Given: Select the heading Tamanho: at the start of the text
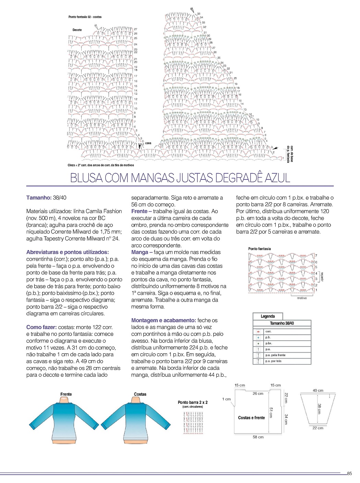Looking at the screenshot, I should click(39, 198).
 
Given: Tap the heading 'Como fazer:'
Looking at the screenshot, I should click(41, 327).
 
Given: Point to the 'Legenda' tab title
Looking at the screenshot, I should click(267, 316).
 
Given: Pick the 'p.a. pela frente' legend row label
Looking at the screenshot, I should click(275, 355).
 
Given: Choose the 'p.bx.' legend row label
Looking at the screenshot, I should click(268, 343).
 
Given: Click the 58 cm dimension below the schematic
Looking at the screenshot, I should click(258, 437).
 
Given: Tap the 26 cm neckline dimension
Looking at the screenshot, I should click(258, 393).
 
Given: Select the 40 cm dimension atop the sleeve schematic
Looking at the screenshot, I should click(318, 390).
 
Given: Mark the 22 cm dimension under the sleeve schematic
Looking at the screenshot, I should click(318, 428).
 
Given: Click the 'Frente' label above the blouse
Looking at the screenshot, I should click(66, 394).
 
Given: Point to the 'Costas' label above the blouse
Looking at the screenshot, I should click(140, 394).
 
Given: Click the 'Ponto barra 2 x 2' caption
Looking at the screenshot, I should click(193, 402).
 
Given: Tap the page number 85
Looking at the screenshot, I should click(349, 474).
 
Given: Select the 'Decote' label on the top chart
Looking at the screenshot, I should click(77, 30).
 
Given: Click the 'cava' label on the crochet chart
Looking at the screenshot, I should click(148, 143).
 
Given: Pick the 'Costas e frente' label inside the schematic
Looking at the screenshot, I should click(251, 417).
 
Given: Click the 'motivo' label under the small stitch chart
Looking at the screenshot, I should click(302, 298).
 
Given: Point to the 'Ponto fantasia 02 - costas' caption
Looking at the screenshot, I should click(85, 17).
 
